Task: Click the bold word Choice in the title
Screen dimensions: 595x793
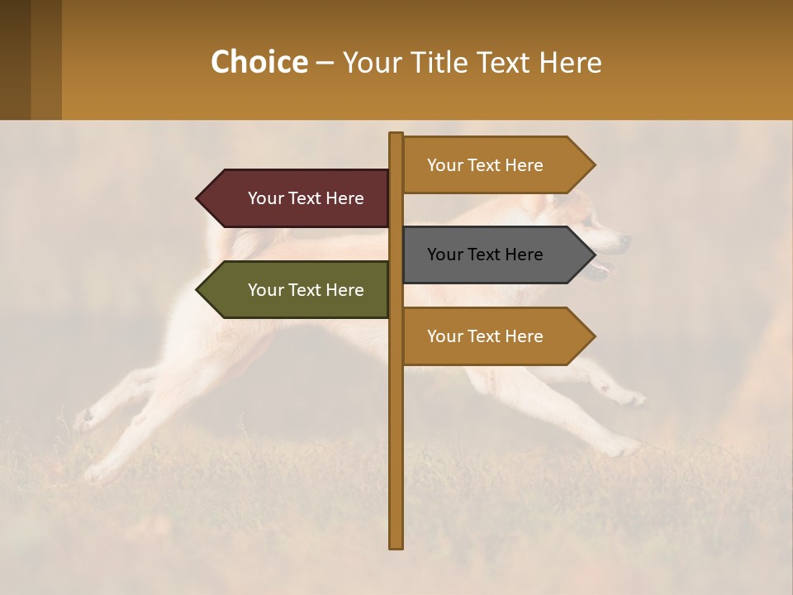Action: [x=259, y=62]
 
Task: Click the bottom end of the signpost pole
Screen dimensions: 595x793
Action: [x=396, y=545]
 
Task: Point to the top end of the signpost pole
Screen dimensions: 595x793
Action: [x=396, y=136]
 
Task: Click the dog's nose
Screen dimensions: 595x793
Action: [x=624, y=241]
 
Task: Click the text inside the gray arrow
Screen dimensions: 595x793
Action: [x=485, y=255]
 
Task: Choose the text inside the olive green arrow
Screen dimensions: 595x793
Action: [x=306, y=290]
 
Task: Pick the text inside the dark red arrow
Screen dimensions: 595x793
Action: [x=306, y=198]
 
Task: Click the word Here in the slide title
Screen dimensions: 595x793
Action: [x=570, y=63]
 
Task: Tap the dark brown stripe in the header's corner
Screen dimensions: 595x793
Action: [x=15, y=59]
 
